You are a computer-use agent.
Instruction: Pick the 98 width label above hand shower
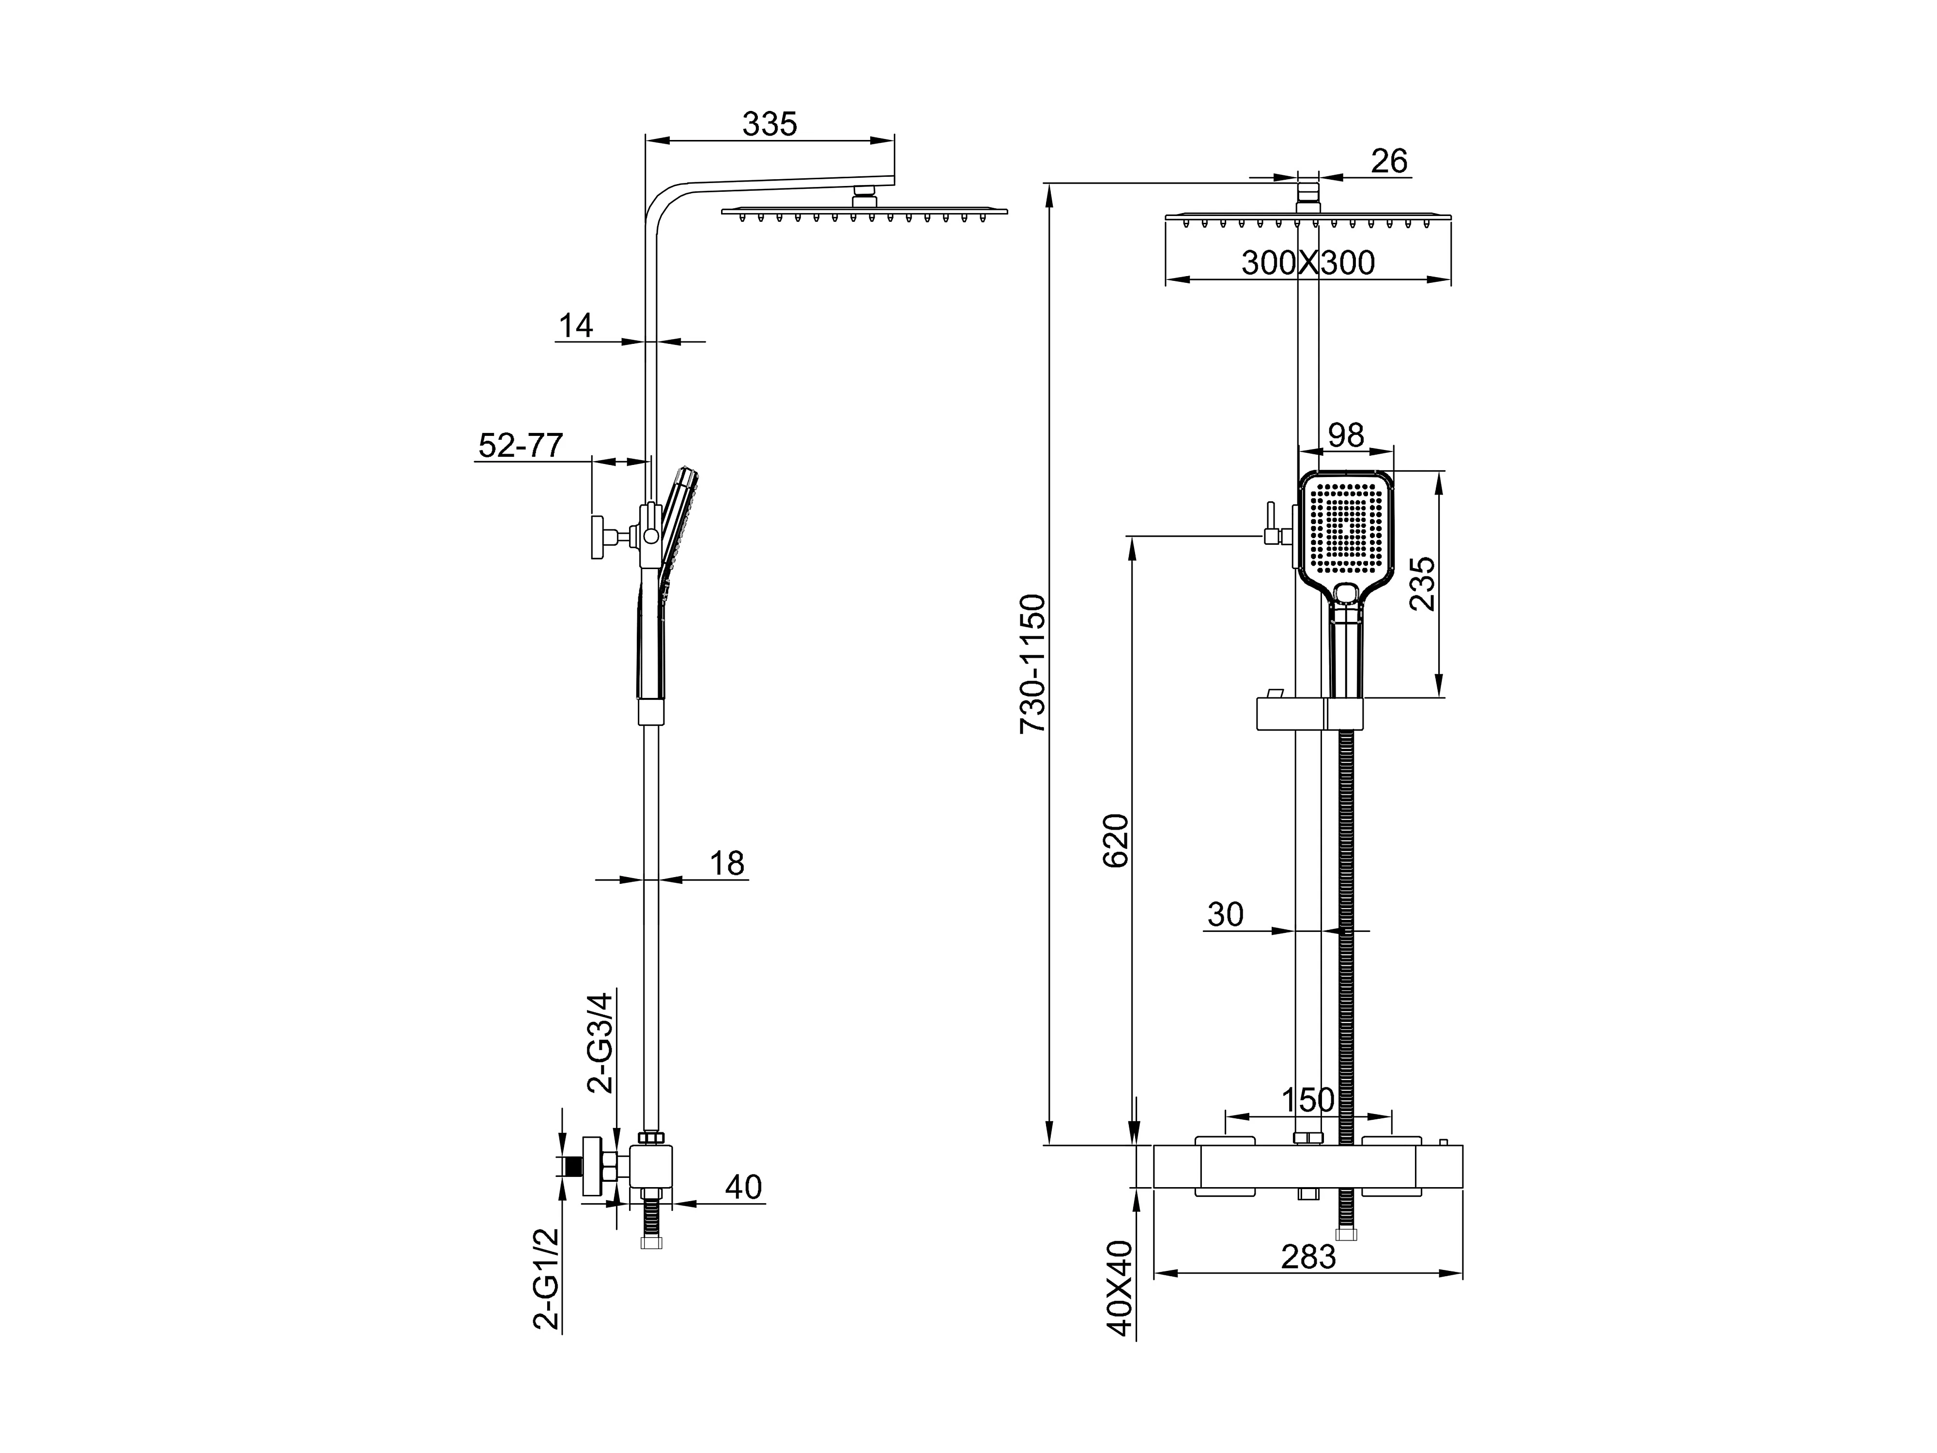(1346, 435)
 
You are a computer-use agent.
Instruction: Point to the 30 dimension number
(1225, 914)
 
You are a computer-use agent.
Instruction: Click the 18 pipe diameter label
(726, 864)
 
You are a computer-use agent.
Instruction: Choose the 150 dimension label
(1307, 1100)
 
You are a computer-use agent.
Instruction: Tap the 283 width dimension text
(1308, 1257)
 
